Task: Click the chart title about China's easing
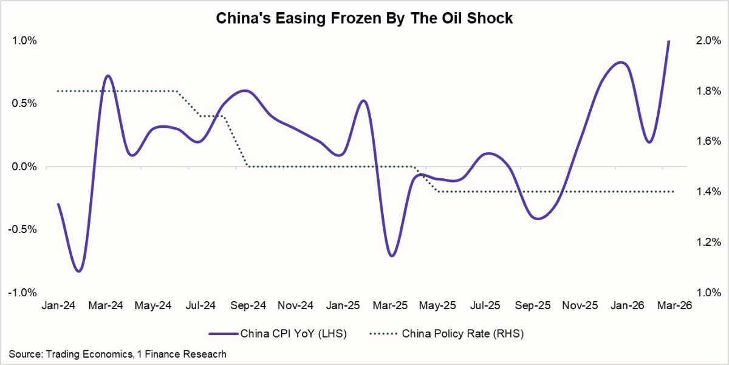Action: [364, 19]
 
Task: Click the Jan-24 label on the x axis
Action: [58, 306]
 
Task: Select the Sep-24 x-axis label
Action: [248, 306]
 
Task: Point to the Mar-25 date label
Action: [391, 306]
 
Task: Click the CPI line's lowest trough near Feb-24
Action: [80, 271]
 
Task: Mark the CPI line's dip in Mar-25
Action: [391, 255]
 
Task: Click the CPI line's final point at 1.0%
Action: [669, 41]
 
